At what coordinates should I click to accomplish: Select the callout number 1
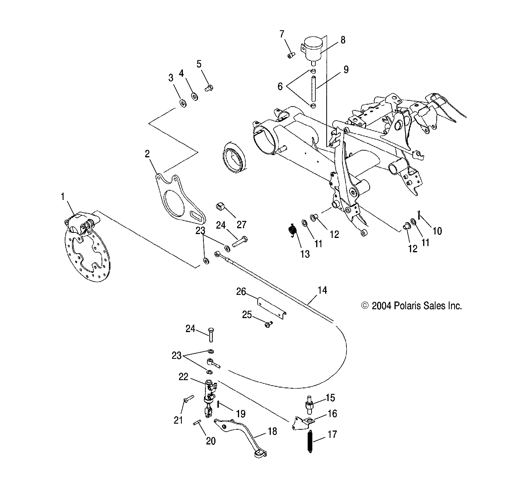pyautogui.click(x=62, y=197)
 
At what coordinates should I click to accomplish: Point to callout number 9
pyautogui.click(x=346, y=69)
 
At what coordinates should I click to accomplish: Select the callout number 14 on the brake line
pyautogui.click(x=322, y=290)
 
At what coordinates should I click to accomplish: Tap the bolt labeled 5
pyautogui.click(x=208, y=88)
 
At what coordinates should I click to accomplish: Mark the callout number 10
pyautogui.click(x=437, y=231)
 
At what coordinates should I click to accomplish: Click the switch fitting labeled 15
pyautogui.click(x=310, y=403)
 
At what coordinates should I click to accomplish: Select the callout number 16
pyautogui.click(x=332, y=414)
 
